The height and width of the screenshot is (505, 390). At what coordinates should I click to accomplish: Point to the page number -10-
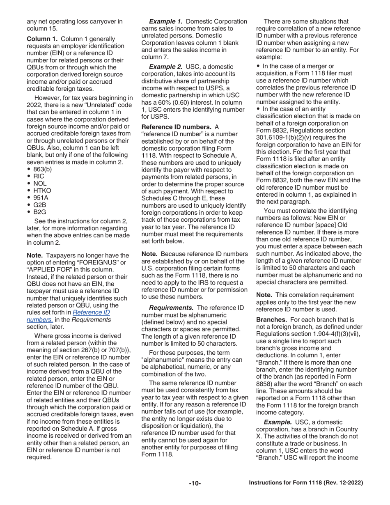195,483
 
